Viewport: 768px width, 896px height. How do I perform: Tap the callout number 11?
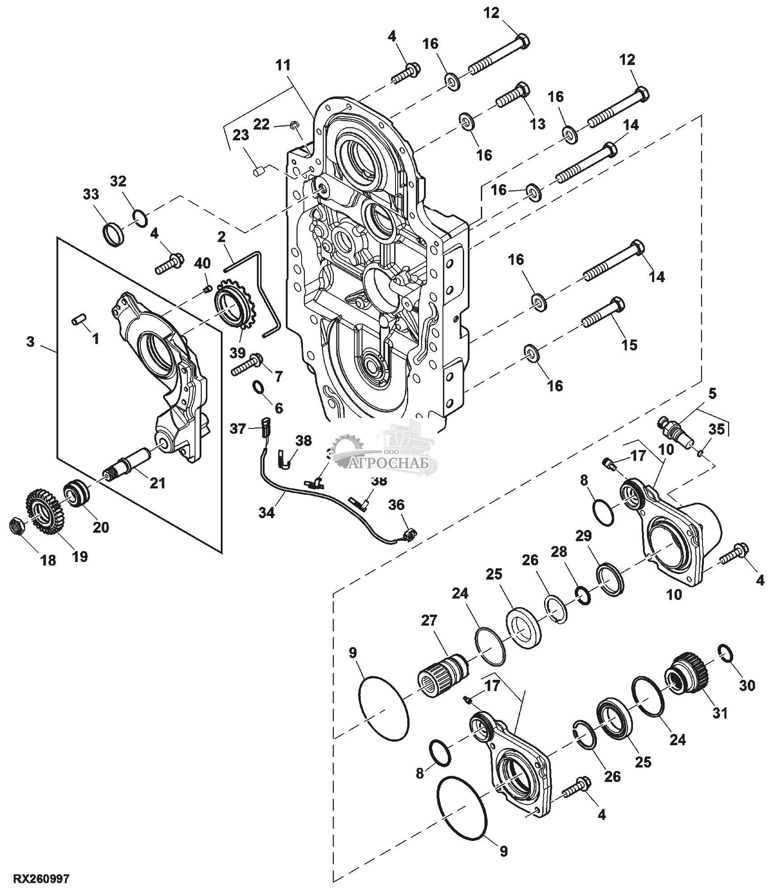[284, 65]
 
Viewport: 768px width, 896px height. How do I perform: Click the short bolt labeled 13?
[512, 95]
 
